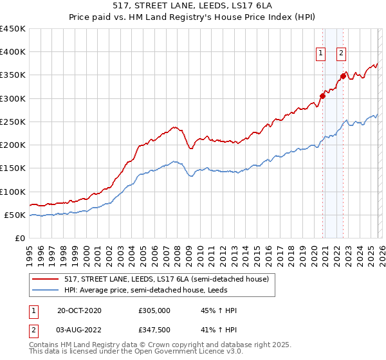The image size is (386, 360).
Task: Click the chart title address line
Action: [193, 6]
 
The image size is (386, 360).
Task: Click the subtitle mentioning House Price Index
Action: [193, 17]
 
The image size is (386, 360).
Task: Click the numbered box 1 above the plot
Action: [320, 54]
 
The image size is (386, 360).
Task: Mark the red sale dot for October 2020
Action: [322, 96]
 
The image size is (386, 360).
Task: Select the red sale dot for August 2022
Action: [343, 76]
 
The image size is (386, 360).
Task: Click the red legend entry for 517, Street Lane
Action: [161, 278]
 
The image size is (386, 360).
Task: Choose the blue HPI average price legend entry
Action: [154, 290]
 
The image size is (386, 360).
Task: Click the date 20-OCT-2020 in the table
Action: [78, 310]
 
